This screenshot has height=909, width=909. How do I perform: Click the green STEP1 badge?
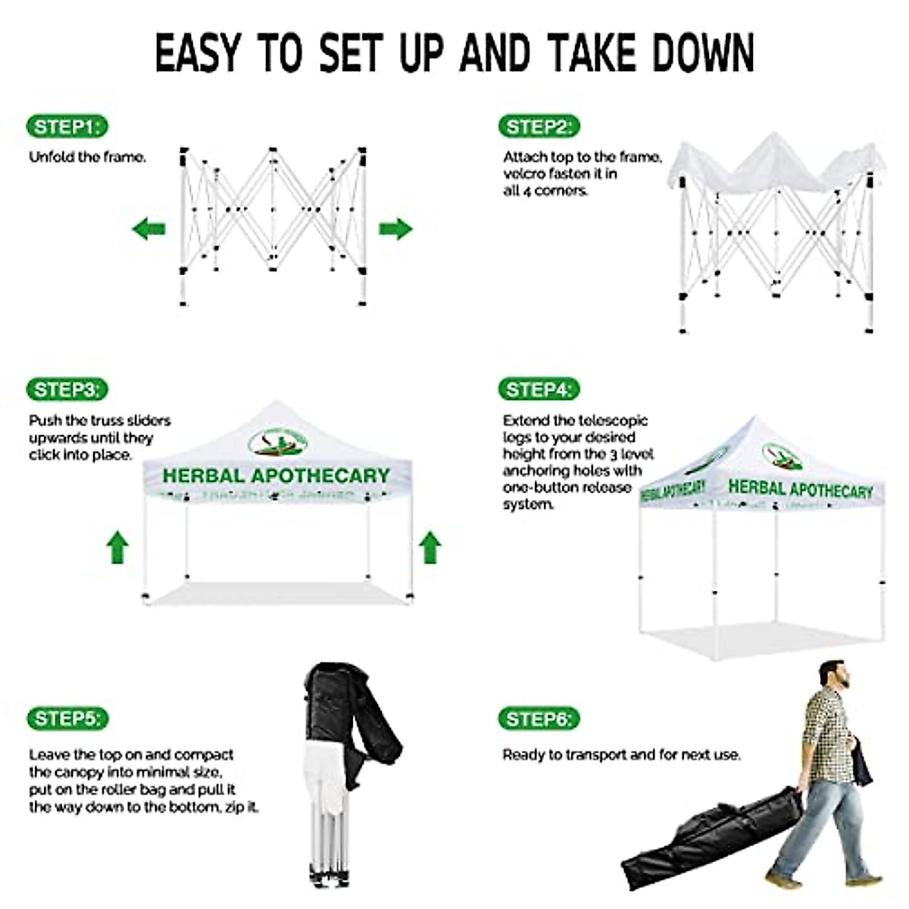click(67, 127)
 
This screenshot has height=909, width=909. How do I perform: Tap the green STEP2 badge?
click(539, 127)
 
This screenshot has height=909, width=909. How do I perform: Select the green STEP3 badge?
click(67, 389)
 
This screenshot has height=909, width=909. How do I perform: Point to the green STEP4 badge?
click(539, 389)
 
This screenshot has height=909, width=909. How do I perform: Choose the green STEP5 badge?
click(67, 718)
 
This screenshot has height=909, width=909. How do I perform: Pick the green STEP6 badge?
click(539, 718)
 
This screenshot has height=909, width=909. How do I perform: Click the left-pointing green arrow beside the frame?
click(148, 228)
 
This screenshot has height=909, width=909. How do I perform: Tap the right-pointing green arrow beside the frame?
click(395, 228)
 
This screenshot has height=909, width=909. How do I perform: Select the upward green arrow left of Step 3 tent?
click(117, 547)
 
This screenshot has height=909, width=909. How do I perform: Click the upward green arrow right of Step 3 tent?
click(430, 547)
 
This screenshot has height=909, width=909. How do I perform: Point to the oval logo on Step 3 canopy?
click(278, 442)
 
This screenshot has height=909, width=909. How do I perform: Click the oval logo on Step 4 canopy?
click(782, 456)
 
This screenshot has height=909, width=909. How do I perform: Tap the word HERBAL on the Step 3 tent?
click(203, 476)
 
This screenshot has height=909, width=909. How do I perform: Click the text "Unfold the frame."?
click(87, 158)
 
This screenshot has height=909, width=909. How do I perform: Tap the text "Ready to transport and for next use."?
click(621, 754)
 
